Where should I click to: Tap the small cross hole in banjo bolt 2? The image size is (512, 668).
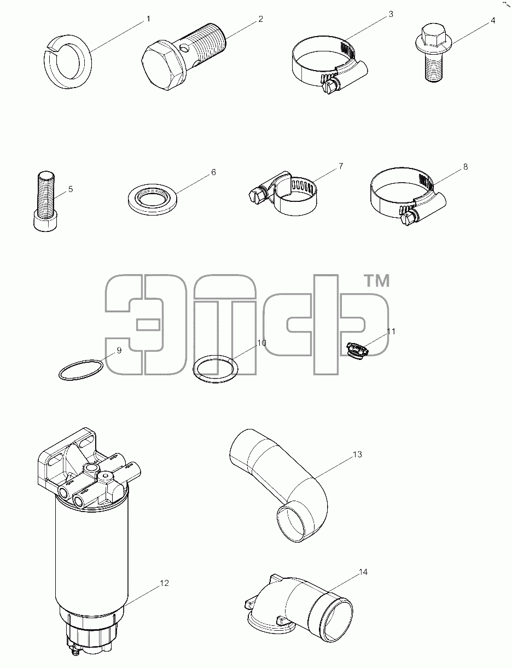[184, 48]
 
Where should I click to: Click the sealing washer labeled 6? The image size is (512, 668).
[152, 200]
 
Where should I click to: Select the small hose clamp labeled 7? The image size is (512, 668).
[283, 194]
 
